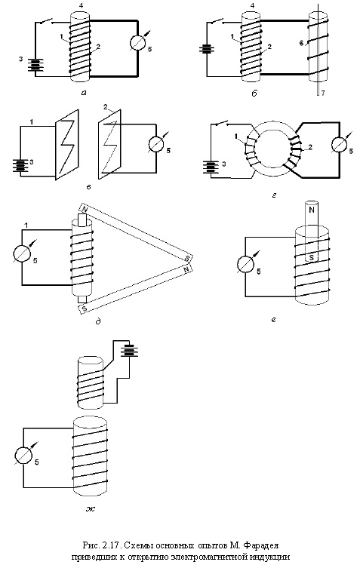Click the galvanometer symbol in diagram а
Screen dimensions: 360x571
(x=138, y=42)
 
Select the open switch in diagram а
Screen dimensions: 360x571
(x=47, y=21)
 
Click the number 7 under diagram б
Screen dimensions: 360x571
(x=323, y=94)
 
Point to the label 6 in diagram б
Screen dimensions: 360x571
(x=301, y=43)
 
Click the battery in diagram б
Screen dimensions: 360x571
(x=207, y=49)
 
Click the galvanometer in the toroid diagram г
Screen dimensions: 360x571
(x=339, y=144)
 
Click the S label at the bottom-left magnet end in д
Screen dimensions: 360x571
(x=85, y=309)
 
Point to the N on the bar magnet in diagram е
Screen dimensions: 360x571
(x=312, y=210)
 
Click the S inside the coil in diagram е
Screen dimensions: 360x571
(x=312, y=258)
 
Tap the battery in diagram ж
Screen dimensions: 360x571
(x=131, y=351)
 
